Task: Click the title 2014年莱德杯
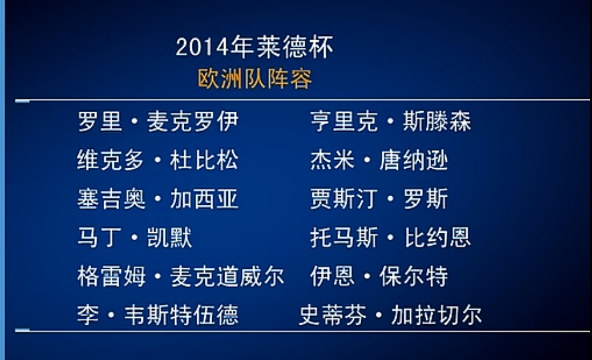[x=254, y=47]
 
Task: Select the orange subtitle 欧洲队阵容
[x=255, y=79]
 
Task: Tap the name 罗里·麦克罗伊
[x=158, y=121]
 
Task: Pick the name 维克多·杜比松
[x=158, y=160]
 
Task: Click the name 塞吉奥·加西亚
[x=158, y=199]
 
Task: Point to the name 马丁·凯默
[x=135, y=238]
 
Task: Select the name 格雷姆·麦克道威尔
[x=181, y=276]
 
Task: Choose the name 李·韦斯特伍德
[x=158, y=315]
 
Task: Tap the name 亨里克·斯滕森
[x=391, y=121]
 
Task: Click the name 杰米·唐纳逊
[x=379, y=160]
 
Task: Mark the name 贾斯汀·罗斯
[x=379, y=199]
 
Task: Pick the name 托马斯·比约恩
[x=391, y=238]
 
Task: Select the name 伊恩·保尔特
[x=379, y=276]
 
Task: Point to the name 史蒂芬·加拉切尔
[x=390, y=315]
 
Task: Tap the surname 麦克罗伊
[x=192, y=121]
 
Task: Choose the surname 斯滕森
[x=437, y=121]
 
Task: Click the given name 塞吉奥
[x=111, y=199]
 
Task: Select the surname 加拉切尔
[x=436, y=315]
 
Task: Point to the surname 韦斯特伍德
[x=181, y=315]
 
